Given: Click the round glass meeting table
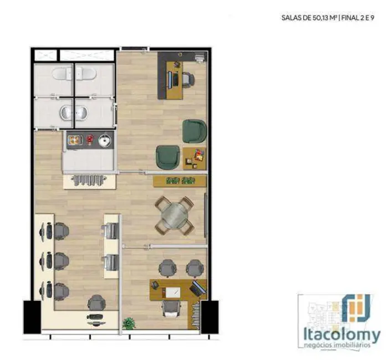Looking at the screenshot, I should point(174,214).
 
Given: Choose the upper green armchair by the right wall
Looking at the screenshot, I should point(194,131).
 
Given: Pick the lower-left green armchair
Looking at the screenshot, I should point(167,157).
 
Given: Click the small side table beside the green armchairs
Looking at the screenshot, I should point(194,158).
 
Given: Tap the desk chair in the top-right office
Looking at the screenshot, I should point(186,79).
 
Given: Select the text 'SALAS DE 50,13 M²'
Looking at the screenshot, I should point(308,18).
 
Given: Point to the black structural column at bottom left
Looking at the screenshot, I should point(32,317).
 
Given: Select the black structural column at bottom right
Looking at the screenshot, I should point(210,317).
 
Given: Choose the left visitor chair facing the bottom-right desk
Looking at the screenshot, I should point(166,269).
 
